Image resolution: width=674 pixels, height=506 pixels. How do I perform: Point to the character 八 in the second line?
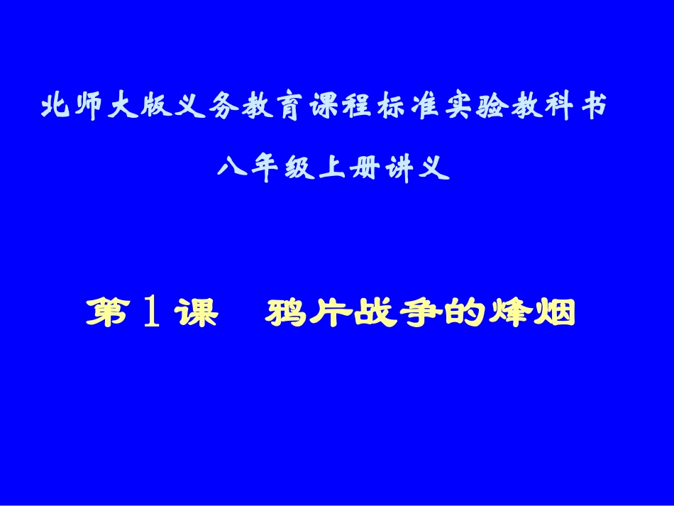pos(233,169)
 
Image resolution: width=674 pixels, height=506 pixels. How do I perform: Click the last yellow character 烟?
pos(552,313)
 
